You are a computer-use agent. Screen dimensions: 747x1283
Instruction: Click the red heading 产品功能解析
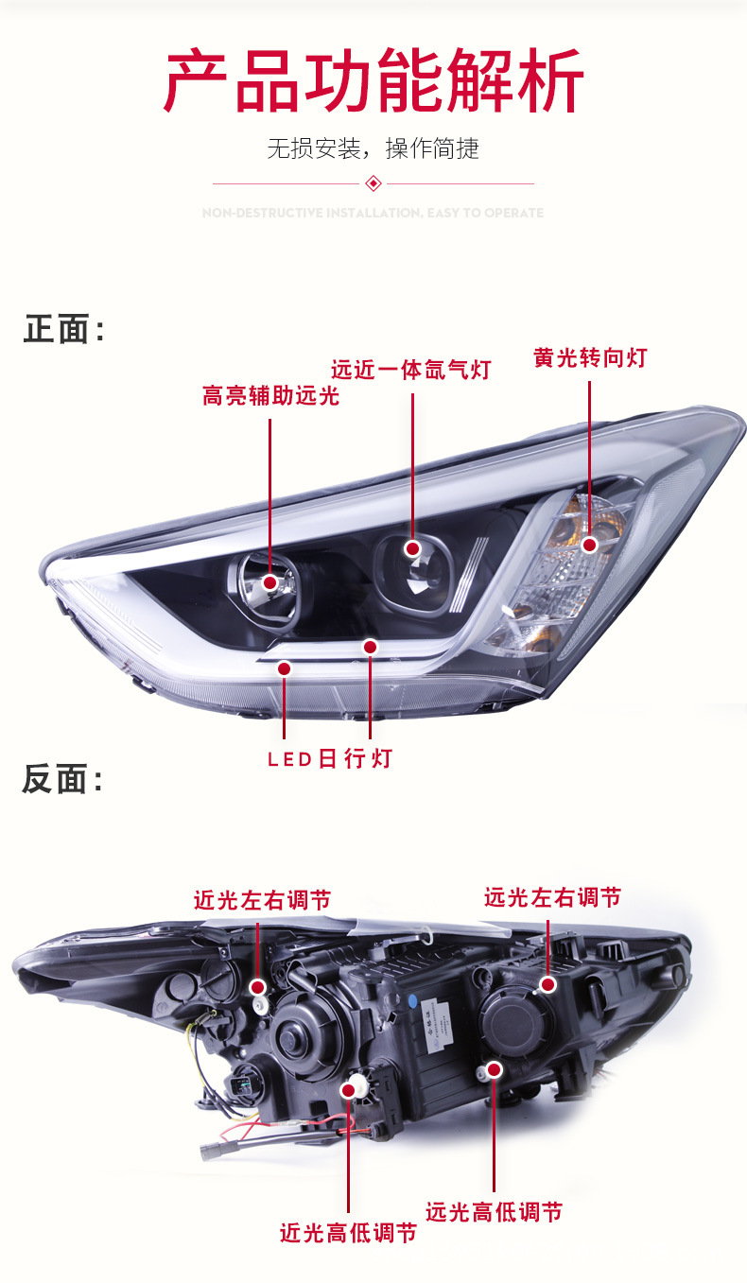point(373,82)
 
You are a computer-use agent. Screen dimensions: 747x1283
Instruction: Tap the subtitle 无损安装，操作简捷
point(373,148)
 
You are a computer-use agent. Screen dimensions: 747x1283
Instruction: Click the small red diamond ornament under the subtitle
point(373,182)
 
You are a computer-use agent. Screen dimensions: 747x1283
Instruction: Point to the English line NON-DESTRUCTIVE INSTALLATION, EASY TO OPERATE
point(373,213)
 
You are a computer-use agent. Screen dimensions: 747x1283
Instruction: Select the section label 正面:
point(63,330)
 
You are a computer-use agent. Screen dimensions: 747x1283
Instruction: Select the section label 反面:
point(63,780)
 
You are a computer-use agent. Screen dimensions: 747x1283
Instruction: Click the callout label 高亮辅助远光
point(270,396)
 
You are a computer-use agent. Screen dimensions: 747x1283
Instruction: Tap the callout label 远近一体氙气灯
point(411,370)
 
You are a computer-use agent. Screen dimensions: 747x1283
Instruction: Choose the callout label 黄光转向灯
point(590,358)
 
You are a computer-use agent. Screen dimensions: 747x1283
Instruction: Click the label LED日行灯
point(329,759)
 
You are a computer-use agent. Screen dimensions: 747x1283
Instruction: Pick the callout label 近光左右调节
point(262,900)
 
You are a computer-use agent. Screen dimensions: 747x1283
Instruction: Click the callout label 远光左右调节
point(552,896)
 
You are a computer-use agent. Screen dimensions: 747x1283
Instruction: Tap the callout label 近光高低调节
point(348,1233)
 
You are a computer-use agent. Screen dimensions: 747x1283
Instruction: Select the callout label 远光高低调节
point(494,1211)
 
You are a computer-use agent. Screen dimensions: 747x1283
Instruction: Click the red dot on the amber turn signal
point(590,545)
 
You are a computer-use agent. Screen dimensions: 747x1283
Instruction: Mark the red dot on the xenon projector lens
point(412,548)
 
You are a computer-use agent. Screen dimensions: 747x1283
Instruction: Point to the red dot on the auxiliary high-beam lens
point(270,582)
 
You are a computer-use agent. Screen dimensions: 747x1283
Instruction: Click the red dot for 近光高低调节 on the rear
point(348,1090)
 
